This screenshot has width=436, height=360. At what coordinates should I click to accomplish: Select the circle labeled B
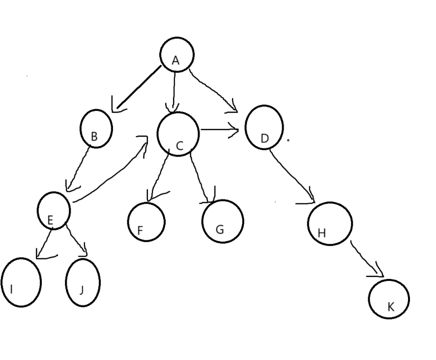point(96,128)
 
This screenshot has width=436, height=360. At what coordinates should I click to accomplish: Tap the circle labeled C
point(178,134)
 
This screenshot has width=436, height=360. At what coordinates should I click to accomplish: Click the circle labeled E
point(54,210)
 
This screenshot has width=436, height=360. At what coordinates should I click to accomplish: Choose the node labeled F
point(146,222)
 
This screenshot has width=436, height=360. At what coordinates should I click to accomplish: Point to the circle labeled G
point(223,221)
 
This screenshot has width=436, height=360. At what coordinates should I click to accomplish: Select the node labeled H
point(330,223)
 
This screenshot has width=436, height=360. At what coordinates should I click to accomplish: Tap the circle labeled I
point(21,282)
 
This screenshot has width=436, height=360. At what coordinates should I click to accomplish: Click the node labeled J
point(83,282)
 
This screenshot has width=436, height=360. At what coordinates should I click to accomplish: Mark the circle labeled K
point(389,298)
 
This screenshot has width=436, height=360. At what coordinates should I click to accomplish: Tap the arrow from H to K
point(366,258)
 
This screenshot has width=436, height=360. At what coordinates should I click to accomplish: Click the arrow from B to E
point(79,167)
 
